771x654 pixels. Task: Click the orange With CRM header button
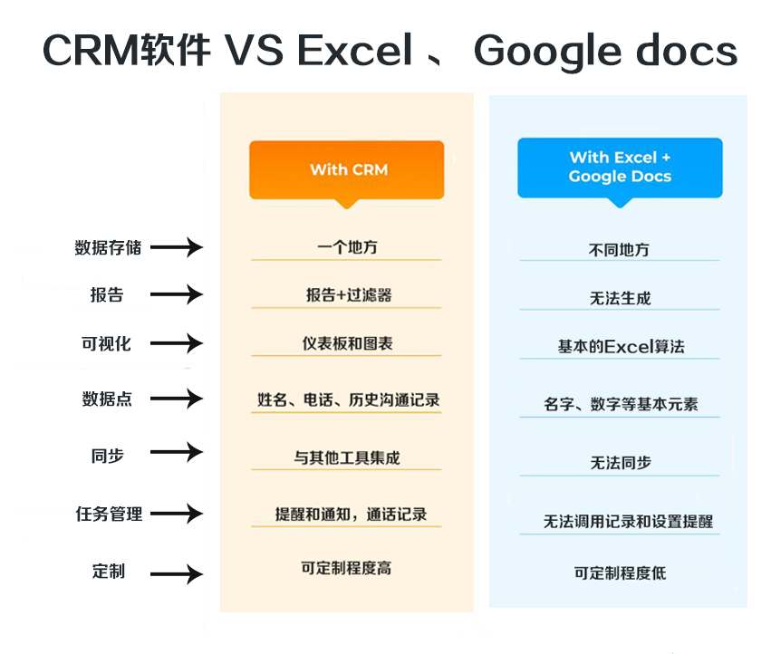point(347,169)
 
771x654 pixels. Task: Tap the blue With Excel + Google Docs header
point(620,167)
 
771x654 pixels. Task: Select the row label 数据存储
point(108,247)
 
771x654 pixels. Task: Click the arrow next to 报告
point(177,294)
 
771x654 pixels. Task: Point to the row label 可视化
point(107,344)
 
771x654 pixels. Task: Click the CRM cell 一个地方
point(347,246)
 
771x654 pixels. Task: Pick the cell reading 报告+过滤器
point(348,295)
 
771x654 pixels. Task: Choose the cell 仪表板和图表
point(347,344)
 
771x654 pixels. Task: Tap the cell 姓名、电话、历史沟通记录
point(348,399)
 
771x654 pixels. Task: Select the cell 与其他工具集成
point(347,458)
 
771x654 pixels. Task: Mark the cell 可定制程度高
point(346,569)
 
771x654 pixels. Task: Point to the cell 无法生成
point(620,298)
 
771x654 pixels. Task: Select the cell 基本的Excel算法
point(621,347)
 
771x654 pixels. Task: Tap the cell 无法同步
point(621,463)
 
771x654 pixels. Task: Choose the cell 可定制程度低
point(620,573)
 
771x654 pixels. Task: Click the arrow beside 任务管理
point(177,514)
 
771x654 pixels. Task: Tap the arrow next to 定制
point(177,573)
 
